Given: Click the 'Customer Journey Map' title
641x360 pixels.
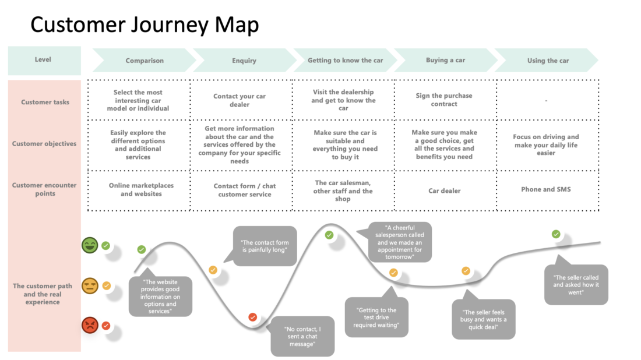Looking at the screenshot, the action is [145, 24].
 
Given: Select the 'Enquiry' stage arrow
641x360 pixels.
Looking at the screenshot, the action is [245, 61].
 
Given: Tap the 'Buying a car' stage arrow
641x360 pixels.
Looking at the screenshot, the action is [446, 60].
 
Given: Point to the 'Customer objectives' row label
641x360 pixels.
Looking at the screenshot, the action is [44, 144].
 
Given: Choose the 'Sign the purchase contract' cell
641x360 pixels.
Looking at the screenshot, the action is [444, 100].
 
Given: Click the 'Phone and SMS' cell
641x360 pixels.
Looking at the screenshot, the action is [546, 189].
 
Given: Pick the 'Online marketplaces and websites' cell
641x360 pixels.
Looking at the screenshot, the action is [141, 189].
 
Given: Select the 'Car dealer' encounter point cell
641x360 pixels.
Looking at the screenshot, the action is [445, 191].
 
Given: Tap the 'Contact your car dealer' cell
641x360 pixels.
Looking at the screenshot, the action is [240, 100].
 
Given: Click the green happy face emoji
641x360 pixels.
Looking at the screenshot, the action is [90, 245].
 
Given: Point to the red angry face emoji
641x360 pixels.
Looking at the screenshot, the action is [90, 325].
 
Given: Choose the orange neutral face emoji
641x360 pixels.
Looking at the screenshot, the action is [90, 285].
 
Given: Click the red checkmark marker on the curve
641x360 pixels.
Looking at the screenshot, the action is [253, 317].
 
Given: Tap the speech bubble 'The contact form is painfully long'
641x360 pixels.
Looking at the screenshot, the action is [265, 246].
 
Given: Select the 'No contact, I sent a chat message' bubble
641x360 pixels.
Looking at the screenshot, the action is [302, 336].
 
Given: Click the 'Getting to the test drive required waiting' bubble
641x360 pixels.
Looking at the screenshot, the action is [376, 317].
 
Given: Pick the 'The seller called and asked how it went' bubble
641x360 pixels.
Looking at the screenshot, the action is [576, 285].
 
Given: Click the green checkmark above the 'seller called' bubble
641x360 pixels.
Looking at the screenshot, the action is [556, 234].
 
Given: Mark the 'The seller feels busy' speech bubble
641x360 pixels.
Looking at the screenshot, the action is [483, 319].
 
